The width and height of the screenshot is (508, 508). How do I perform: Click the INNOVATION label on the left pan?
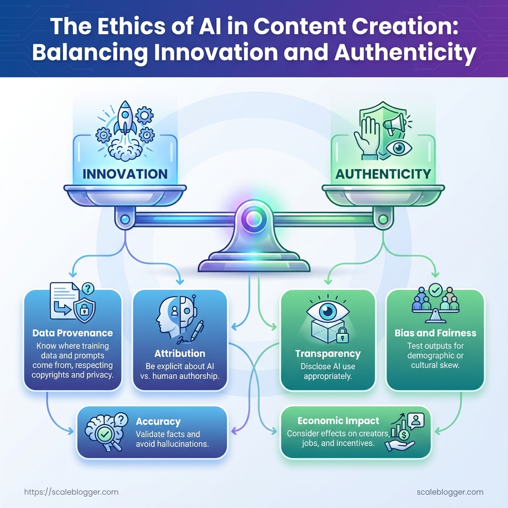[125, 174]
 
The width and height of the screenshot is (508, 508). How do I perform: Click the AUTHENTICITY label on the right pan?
[382, 174]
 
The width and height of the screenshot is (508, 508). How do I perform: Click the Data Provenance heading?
[72, 333]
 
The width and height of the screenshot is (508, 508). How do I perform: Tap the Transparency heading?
[327, 354]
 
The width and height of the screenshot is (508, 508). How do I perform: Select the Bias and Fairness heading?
[435, 333]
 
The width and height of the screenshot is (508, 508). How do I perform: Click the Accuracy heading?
[158, 422]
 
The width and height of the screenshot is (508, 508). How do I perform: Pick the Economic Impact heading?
[338, 421]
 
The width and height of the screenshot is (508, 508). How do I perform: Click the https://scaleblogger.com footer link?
[71, 492]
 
